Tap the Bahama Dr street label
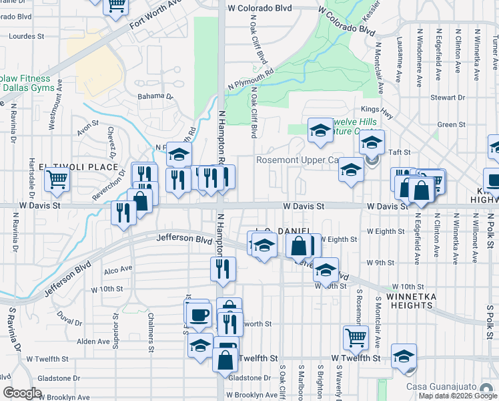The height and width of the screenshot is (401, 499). click(x=155, y=96)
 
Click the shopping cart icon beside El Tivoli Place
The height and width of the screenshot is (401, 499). click(x=57, y=178)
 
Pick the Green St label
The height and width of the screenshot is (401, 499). click(x=451, y=124)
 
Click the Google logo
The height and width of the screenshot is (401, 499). click(x=22, y=392)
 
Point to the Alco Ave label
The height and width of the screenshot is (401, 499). click(x=119, y=270)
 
